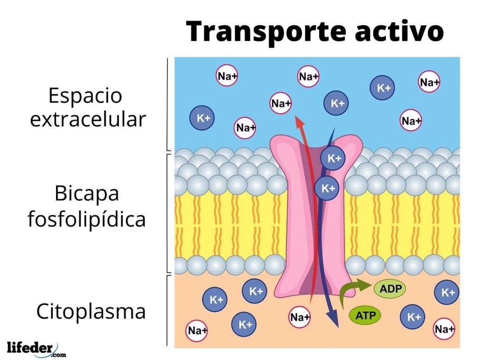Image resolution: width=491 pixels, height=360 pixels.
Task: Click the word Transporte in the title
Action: click(x=266, y=32)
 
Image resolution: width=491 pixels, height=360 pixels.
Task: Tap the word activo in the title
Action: click(x=399, y=31)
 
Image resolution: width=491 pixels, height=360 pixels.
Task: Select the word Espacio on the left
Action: click(x=85, y=96)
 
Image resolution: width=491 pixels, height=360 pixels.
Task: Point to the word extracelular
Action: click(x=88, y=119)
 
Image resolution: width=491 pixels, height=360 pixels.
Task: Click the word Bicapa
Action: click(x=87, y=194)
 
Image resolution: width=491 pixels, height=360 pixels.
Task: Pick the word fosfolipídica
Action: click(x=87, y=219)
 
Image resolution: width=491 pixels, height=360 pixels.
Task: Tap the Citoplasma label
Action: click(x=91, y=311)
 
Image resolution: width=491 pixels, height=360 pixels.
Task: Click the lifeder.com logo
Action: click(x=36, y=349)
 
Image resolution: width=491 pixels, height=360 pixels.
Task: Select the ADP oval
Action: click(x=390, y=289)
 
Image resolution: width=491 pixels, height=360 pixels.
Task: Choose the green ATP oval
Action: click(x=365, y=315)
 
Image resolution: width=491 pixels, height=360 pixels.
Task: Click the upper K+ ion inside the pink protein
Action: click(x=333, y=158)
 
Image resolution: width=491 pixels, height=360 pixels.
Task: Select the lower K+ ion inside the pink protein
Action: click(x=327, y=188)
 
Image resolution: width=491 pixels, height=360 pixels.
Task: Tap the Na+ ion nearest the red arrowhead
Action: click(x=280, y=103)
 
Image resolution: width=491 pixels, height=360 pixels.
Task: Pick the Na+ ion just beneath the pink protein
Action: click(x=299, y=317)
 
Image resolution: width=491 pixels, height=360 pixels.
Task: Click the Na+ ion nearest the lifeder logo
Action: click(x=197, y=330)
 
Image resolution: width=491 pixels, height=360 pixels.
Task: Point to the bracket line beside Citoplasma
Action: click(x=167, y=310)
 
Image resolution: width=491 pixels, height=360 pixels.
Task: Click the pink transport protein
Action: click(x=316, y=216)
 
